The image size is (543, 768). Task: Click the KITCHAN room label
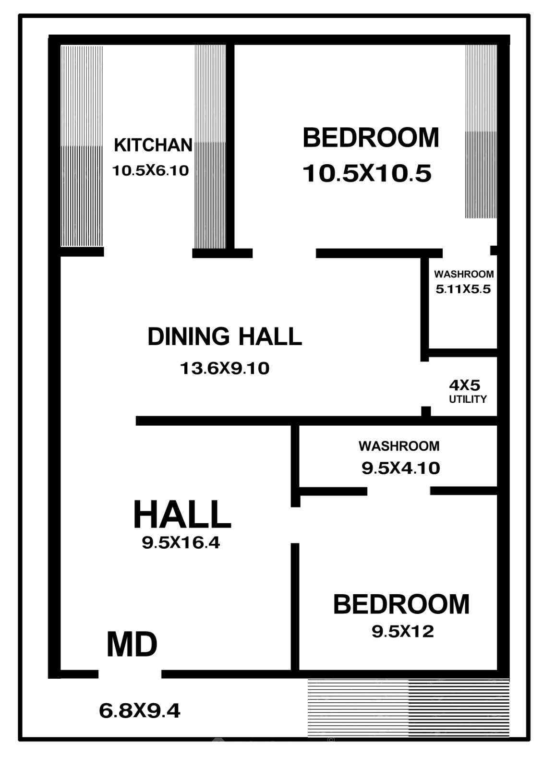point(153,145)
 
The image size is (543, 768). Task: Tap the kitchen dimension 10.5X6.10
point(151,170)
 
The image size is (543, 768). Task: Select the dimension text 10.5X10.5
point(367,173)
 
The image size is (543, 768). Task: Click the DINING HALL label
point(225,336)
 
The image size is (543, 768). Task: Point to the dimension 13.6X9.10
point(225,369)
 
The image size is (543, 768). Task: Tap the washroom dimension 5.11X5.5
point(463,289)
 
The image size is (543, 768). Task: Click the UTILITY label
point(468,399)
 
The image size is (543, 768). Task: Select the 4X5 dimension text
point(465,386)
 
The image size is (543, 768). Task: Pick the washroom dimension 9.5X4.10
point(400,468)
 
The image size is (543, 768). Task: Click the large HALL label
point(182,514)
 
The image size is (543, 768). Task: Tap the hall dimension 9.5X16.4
point(181,543)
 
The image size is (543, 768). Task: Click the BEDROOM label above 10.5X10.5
point(371,137)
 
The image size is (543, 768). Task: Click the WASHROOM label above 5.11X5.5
point(464,274)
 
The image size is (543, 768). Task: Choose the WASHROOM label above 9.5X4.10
point(399,446)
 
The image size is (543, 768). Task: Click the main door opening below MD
point(130,674)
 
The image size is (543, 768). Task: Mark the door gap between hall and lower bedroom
point(295,525)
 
